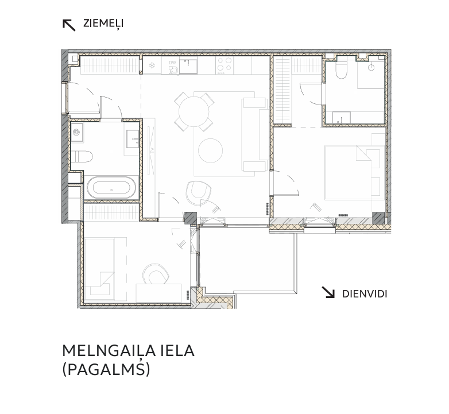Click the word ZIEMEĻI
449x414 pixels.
103,23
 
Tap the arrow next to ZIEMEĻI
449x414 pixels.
69,25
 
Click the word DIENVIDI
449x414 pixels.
365,294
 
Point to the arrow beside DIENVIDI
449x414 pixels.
328,292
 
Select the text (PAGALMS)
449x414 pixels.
106,369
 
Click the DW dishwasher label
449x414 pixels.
172,63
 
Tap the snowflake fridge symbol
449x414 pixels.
152,65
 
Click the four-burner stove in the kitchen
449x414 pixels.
225,65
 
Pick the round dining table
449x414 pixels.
193,111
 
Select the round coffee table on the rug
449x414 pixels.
211,150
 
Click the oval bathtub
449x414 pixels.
111,188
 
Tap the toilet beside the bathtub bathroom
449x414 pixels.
82,157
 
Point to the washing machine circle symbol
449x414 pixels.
76,132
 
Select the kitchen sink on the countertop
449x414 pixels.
188,65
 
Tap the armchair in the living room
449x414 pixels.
198,193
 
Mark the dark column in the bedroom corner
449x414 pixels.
378,218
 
